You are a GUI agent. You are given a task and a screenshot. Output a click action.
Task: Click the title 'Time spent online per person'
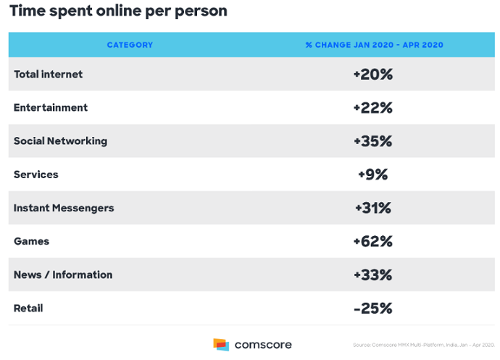pyautogui.click(x=118, y=12)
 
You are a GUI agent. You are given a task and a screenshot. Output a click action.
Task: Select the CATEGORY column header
pyautogui.click(x=130, y=45)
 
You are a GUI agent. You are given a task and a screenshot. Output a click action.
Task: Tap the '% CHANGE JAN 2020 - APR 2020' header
pyautogui.click(x=374, y=45)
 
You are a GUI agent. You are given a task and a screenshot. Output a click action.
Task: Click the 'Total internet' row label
pyautogui.click(x=48, y=74)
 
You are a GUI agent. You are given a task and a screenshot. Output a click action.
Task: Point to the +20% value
pyautogui.click(x=373, y=74)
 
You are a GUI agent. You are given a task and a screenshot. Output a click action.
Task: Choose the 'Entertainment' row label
pyautogui.click(x=51, y=107)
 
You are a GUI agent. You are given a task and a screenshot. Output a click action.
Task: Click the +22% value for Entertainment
pyautogui.click(x=373, y=108)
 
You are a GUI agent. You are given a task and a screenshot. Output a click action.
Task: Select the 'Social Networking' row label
pyautogui.click(x=60, y=141)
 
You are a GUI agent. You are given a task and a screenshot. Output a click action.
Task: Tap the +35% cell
pyautogui.click(x=373, y=141)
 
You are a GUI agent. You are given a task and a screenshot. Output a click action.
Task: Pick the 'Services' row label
pyautogui.click(x=36, y=175)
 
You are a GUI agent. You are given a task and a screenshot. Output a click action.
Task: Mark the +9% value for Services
pyautogui.click(x=373, y=175)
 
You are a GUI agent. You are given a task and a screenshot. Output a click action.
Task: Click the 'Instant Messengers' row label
pyautogui.click(x=64, y=208)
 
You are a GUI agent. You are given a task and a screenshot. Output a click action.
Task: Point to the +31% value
pyautogui.click(x=373, y=208)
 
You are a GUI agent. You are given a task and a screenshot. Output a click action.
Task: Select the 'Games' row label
pyautogui.click(x=31, y=241)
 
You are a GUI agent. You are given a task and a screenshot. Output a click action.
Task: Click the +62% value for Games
pyautogui.click(x=373, y=241)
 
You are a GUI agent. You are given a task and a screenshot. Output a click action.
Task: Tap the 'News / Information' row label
pyautogui.click(x=63, y=275)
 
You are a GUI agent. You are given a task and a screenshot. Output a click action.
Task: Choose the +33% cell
pyautogui.click(x=373, y=275)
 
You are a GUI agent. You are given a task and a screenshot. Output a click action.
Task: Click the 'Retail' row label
pyautogui.click(x=28, y=308)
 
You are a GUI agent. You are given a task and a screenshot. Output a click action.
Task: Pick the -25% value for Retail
pyautogui.click(x=373, y=308)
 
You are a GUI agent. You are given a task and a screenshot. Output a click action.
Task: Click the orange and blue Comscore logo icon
pyautogui.click(x=221, y=344)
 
